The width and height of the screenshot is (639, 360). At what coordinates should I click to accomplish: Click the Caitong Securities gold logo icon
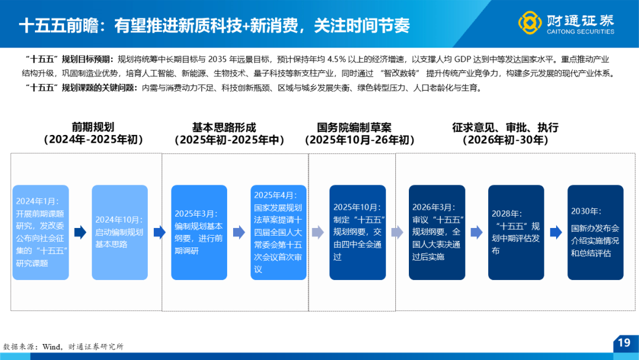(x=530, y=22)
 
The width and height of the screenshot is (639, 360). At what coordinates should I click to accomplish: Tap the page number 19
(x=624, y=342)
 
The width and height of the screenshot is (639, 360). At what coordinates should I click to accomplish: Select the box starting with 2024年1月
(x=40, y=232)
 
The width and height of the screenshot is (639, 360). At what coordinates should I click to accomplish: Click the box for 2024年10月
(x=120, y=232)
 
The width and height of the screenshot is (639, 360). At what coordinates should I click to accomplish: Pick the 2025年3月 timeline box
(x=199, y=232)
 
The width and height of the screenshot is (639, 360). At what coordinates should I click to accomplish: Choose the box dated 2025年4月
(x=278, y=232)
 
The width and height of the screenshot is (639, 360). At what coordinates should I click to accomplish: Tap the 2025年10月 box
(x=357, y=232)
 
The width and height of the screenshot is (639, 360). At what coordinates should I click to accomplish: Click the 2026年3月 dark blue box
(x=437, y=232)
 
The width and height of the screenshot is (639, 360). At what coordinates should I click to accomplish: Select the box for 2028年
(x=516, y=232)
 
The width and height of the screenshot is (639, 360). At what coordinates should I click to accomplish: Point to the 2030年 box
(x=595, y=232)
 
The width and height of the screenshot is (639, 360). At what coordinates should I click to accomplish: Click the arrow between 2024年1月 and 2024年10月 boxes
(x=80, y=232)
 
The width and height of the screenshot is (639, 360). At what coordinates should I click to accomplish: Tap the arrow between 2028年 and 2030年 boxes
(x=556, y=232)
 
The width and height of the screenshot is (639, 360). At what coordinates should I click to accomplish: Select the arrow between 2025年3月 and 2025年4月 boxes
(x=239, y=232)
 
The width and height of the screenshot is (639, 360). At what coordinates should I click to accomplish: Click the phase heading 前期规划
(x=93, y=127)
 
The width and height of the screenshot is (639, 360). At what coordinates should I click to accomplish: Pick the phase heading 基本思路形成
(x=224, y=128)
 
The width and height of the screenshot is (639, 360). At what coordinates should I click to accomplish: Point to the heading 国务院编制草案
(x=354, y=128)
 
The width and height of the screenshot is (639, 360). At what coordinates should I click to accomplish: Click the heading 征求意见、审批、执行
(x=505, y=128)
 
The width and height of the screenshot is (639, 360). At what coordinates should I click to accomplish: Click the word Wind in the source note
(x=51, y=347)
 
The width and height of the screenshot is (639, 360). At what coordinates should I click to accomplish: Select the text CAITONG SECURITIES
(x=580, y=31)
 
